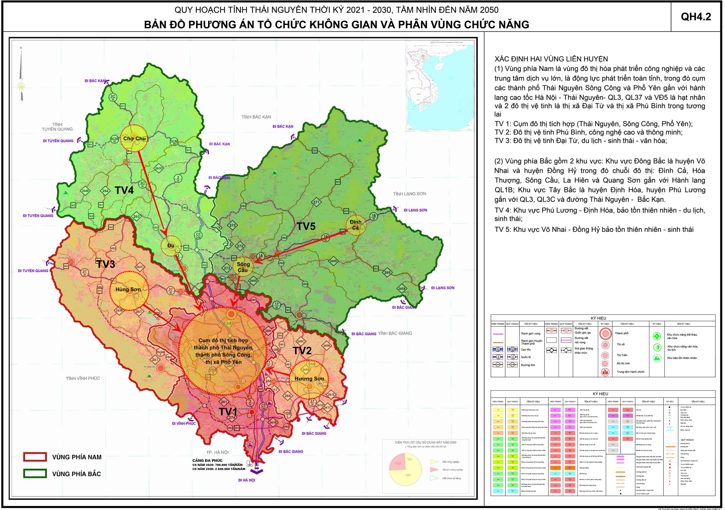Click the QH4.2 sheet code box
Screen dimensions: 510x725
[696, 17]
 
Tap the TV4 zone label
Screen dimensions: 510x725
[124, 190]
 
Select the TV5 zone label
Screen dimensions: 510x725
[306, 226]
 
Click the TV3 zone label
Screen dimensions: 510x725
[106, 264]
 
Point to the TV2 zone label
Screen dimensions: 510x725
[302, 351]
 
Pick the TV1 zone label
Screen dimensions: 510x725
[228, 412]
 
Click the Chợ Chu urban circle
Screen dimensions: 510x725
[134, 138]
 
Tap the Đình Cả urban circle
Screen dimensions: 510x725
[356, 225]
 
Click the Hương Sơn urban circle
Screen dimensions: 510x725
[309, 379]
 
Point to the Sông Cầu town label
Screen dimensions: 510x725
[243, 267]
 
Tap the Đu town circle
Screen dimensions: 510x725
[171, 246]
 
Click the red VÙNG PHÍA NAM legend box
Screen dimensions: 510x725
[35, 457]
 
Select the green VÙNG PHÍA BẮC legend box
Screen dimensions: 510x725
[35, 473]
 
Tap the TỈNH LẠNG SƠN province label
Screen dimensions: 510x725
[409, 194]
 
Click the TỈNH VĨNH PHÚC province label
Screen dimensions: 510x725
[83, 378]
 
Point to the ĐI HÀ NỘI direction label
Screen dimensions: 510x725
[247, 480]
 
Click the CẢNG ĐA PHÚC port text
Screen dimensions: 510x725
[207, 460]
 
